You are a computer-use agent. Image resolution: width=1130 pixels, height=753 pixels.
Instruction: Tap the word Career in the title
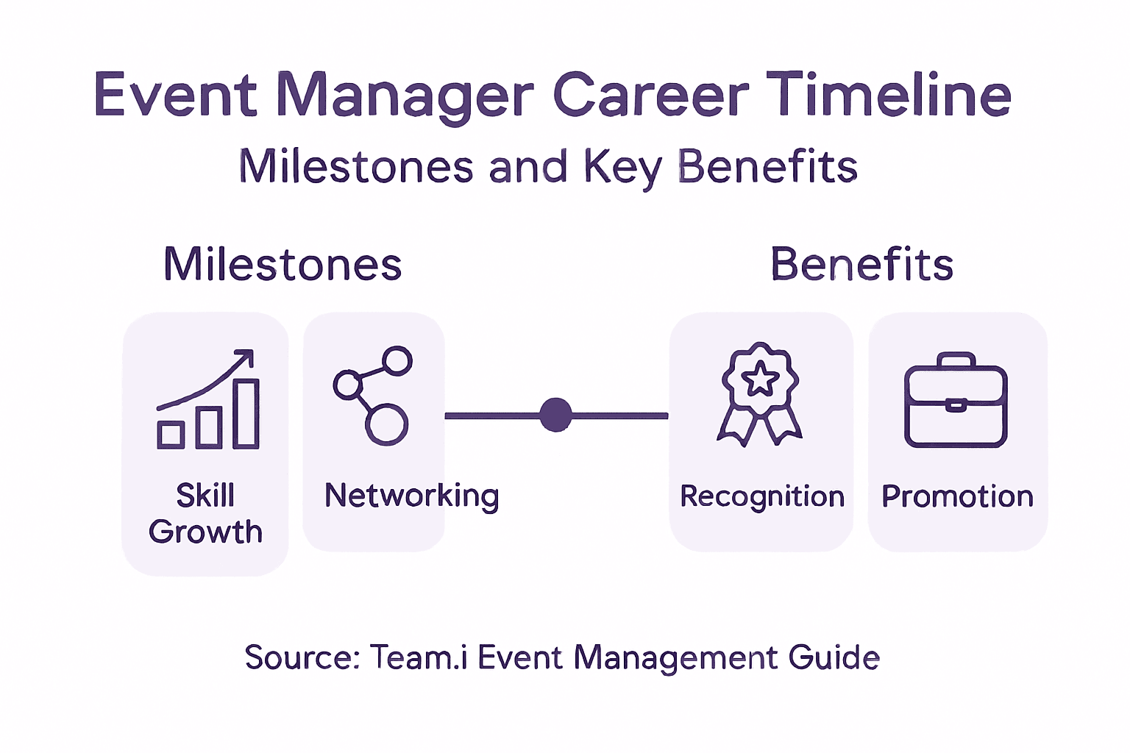point(650,95)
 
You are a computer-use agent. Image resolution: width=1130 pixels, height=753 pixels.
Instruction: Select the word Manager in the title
point(405,96)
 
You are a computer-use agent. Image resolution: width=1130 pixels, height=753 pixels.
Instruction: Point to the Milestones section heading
point(282,265)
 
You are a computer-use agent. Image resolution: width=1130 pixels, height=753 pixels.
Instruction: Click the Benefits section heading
point(861,265)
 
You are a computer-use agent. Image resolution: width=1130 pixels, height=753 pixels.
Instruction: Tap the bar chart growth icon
point(208,401)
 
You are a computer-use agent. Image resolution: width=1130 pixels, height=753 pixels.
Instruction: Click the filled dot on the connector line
point(555,415)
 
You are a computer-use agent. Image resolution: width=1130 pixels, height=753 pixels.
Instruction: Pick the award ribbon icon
point(760,394)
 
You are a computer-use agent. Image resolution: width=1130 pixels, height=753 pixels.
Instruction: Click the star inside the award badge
point(760,379)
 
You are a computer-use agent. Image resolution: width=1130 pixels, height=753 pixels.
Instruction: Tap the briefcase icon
point(956,401)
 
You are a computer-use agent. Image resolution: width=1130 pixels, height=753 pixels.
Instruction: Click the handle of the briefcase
point(956,360)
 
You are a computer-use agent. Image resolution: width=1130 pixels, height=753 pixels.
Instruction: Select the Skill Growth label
point(205,513)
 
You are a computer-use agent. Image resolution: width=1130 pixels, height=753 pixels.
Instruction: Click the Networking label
point(412,496)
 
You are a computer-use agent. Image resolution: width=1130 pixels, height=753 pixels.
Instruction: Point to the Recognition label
point(762,497)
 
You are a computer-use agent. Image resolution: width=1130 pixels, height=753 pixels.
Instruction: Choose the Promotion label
point(957,497)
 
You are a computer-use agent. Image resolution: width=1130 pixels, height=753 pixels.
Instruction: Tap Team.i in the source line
point(418,657)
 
